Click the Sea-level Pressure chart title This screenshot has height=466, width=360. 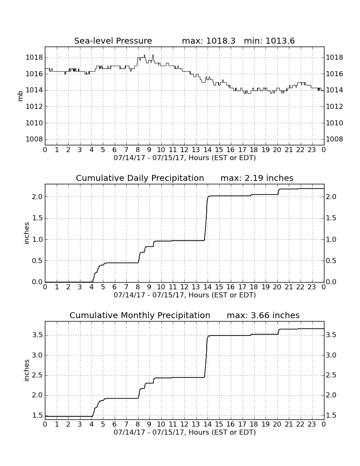113,41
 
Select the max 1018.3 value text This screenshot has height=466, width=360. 208,41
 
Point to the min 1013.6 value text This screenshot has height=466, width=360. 269,41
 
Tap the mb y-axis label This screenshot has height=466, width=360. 20,96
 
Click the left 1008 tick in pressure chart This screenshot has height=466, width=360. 34,139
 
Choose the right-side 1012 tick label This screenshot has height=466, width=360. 335,107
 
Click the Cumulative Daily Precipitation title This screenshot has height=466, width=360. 140,178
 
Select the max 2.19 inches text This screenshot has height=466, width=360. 257,178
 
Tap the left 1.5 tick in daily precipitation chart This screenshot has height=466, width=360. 37,218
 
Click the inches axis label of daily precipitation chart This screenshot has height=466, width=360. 26,233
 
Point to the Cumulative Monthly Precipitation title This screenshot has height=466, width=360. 140,315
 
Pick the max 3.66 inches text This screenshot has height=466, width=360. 263,315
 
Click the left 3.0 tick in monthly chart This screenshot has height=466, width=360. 37,355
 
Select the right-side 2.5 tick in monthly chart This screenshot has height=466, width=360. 331,375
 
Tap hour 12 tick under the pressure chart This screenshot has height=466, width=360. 184,150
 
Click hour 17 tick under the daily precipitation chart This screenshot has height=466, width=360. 242,287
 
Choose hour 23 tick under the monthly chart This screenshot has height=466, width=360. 312,424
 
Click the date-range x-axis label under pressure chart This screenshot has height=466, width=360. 185,158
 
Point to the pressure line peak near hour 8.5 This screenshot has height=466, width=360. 144,55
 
